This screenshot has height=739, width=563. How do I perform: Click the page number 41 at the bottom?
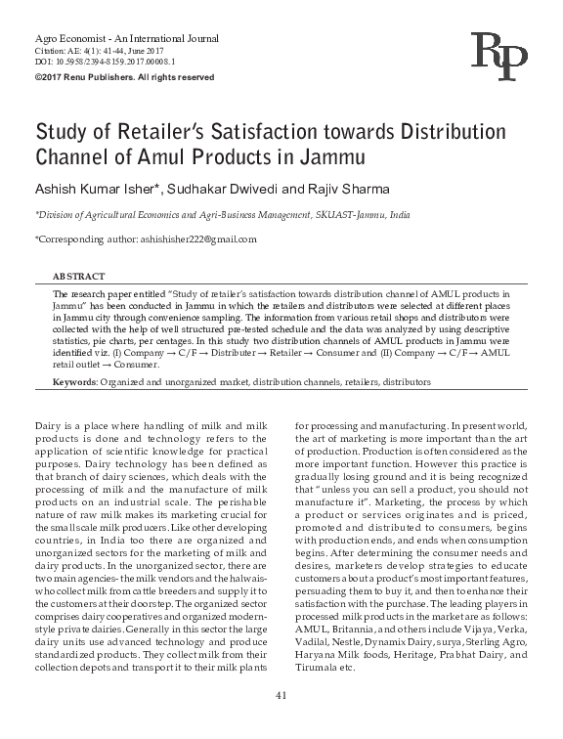click(281, 694)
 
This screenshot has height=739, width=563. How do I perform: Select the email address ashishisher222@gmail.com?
click(201, 239)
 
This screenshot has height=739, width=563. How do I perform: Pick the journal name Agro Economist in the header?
click(63, 34)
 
